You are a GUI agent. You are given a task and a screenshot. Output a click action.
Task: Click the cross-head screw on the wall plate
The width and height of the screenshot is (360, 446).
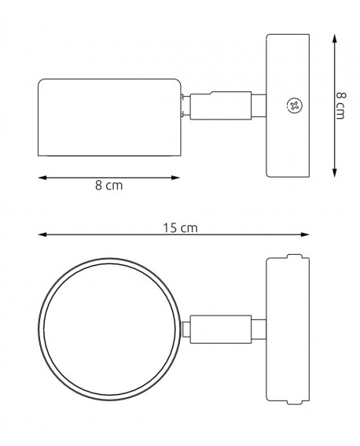pos(295,105)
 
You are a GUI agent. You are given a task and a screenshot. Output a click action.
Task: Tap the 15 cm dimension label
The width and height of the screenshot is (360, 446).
pos(180,227)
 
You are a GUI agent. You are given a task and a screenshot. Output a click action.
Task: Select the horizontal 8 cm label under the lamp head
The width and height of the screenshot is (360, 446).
pos(109,186)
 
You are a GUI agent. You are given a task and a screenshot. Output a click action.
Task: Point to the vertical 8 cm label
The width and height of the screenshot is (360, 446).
pos(340,105)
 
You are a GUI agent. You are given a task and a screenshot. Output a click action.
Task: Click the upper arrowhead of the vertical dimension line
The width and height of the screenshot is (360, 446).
pos(335,39)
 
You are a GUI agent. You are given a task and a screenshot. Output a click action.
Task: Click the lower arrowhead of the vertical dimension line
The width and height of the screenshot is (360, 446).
pos(335,172)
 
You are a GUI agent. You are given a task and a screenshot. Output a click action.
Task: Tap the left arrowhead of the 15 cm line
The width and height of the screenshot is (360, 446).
pos(42,234)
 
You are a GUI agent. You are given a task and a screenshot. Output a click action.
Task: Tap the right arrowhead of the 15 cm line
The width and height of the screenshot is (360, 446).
pos(305,234)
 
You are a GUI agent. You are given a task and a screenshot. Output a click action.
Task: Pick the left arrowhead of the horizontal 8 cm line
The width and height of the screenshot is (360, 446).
pos(42,178)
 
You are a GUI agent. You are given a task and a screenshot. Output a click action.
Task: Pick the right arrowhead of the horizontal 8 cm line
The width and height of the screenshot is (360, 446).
pos(175,178)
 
